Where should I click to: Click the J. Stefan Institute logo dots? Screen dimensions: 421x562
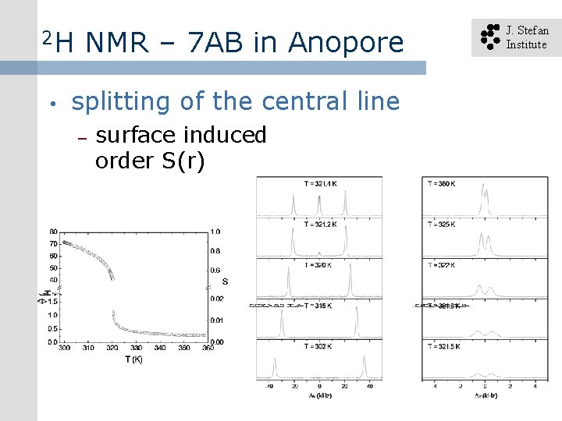pos(489,37)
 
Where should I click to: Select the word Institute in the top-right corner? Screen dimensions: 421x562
pos(527,44)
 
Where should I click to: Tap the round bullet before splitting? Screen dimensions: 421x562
pos(49,104)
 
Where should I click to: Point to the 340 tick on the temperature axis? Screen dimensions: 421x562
pos(160,348)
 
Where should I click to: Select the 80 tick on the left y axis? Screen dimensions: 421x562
pos(52,232)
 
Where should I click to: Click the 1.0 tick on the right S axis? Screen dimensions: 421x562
pos(215,232)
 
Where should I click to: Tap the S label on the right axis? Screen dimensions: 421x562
pos(225,281)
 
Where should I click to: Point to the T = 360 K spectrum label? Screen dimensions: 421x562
pos(442,183)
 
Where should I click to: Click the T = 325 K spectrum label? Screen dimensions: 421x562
pos(442,225)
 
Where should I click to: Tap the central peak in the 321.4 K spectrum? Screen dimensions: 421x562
pos(319,204)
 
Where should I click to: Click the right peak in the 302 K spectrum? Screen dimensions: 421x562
pos(364,366)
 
